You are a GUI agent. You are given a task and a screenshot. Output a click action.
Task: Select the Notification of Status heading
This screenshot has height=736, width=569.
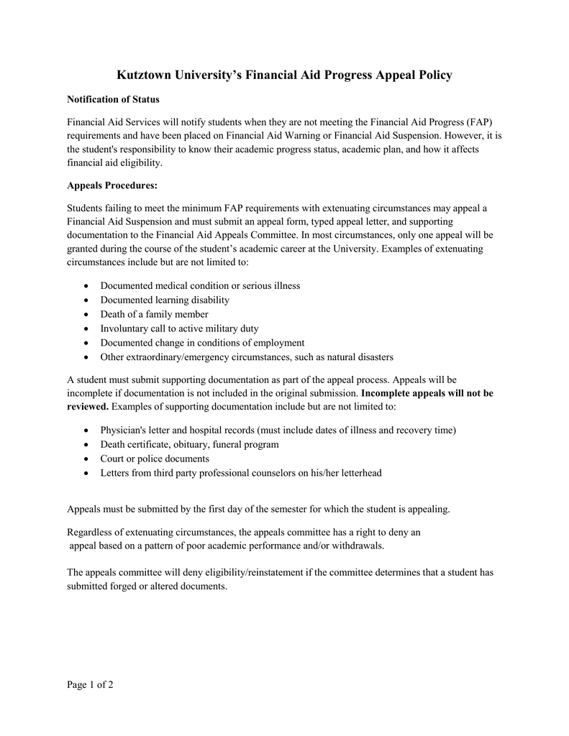[x=113, y=98]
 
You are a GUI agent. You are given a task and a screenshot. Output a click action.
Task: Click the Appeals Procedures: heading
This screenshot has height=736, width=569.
[x=112, y=185]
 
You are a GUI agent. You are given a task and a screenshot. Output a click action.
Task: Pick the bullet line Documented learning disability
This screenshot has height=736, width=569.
[x=165, y=300]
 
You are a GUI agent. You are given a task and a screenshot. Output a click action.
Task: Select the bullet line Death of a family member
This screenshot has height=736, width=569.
[x=154, y=314]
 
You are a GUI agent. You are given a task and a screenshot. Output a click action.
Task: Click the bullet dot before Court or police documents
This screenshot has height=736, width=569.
[x=86, y=459]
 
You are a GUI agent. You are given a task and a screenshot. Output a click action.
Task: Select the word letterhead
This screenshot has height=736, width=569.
[x=356, y=473]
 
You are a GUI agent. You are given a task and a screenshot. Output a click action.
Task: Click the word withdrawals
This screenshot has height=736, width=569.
[x=358, y=545]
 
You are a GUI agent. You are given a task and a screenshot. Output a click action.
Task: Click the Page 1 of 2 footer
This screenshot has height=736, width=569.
[x=90, y=684]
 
